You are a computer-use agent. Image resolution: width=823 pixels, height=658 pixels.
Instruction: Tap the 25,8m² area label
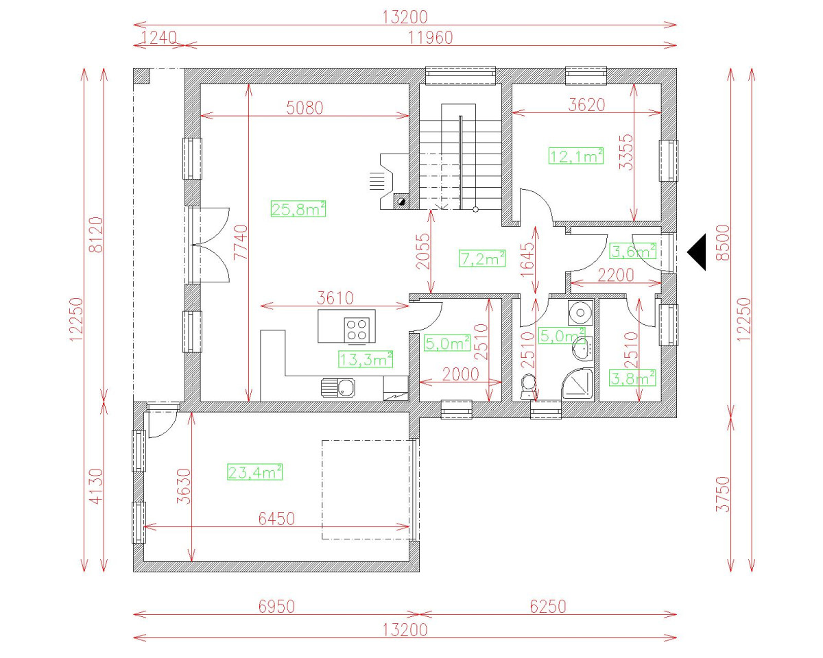click(x=298, y=210)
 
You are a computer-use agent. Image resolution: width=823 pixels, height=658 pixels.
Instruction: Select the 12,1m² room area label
click(x=576, y=156)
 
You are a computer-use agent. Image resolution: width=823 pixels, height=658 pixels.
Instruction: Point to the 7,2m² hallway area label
click(x=482, y=258)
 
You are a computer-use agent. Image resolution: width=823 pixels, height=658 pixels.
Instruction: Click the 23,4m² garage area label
click(x=255, y=472)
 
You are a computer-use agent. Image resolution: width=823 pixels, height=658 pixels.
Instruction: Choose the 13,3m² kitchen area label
click(x=366, y=358)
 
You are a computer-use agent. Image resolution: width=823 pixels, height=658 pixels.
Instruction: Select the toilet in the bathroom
click(x=528, y=387)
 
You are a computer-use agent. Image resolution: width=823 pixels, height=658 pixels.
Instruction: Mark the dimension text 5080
click(x=305, y=108)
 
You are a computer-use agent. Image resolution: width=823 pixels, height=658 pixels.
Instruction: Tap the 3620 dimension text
click(x=587, y=104)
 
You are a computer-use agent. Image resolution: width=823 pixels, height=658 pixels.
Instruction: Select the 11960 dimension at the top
click(x=430, y=38)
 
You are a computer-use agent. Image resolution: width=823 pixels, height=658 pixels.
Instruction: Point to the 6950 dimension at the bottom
click(x=276, y=607)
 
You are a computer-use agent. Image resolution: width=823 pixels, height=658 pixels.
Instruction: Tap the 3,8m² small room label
click(x=633, y=378)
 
